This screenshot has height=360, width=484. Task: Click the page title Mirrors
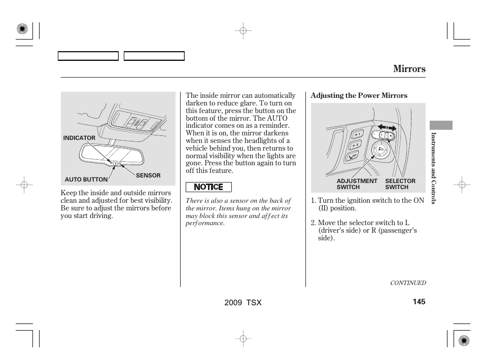click(409, 69)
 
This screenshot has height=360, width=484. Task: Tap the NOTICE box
click(209, 187)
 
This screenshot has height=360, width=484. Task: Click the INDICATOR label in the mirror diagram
click(79, 138)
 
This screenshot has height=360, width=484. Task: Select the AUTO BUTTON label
click(86, 179)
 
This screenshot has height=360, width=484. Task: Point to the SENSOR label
click(148, 175)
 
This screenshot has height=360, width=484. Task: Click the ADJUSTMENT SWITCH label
click(357, 184)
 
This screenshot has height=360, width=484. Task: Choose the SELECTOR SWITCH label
click(400, 184)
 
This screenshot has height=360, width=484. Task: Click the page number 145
click(419, 302)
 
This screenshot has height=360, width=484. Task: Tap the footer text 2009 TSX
click(243, 302)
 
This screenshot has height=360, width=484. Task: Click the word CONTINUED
click(407, 283)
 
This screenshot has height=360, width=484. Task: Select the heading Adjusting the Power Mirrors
click(359, 96)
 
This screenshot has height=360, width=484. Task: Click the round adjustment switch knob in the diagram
click(378, 149)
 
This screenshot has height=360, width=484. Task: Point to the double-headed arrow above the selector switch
click(387, 127)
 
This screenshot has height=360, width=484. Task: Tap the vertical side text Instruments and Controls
click(434, 168)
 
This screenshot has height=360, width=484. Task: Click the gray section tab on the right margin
click(440, 125)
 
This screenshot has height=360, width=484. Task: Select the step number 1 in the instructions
click(313, 201)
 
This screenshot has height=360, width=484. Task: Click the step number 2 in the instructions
click(313, 223)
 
